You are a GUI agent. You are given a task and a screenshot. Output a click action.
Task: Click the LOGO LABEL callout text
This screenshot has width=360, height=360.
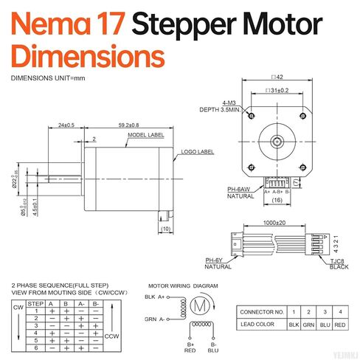195,151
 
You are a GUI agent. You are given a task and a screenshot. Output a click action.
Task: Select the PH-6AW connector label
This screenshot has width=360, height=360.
239,188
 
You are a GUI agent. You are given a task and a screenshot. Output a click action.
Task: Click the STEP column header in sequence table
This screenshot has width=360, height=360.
35,303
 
